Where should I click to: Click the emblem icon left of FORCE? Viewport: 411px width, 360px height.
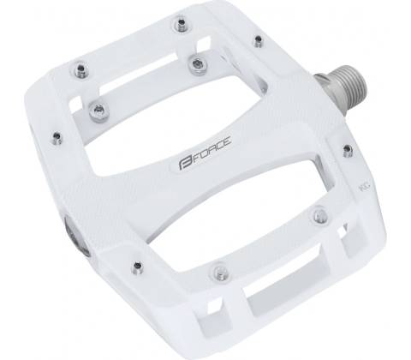point(185,165)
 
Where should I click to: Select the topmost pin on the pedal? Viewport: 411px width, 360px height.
point(181,24)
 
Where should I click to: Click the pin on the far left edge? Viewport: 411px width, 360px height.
point(57,137)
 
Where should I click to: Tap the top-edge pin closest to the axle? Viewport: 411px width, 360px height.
point(258,41)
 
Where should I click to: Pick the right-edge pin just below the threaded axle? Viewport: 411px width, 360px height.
point(347,150)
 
